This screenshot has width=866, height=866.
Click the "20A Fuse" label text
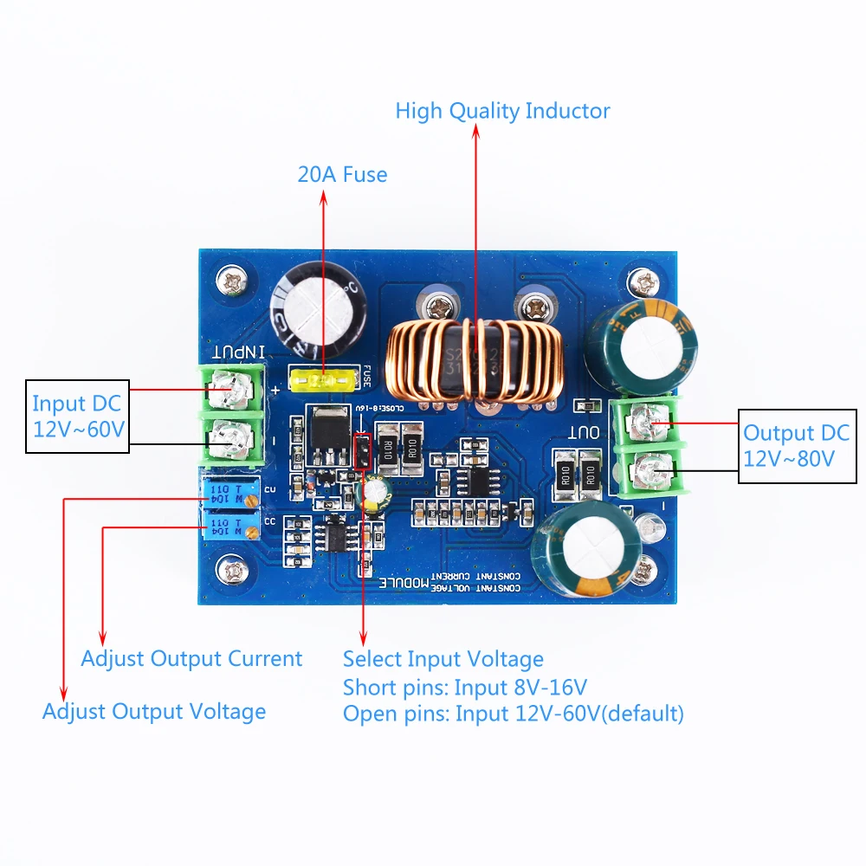click(x=342, y=174)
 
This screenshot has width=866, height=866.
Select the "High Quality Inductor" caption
click(x=502, y=111)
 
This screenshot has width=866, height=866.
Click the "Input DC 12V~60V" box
click(x=77, y=416)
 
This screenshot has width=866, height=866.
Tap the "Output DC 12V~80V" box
click(x=795, y=445)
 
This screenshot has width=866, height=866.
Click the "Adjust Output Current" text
click(x=191, y=658)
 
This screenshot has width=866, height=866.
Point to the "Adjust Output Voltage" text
click(x=154, y=712)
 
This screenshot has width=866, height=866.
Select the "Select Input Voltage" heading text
click(x=443, y=659)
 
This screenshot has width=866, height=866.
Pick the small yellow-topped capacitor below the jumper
click(x=373, y=492)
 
